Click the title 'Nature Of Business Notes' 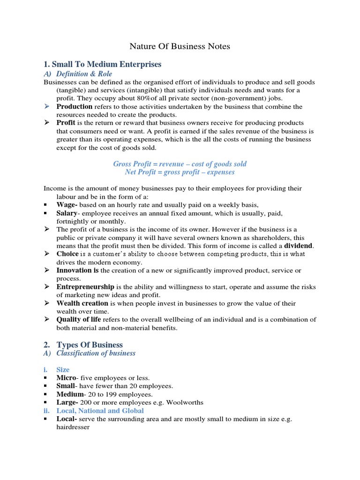click(x=180, y=46)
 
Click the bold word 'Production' click(x=75, y=106)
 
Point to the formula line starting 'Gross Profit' click(x=180, y=164)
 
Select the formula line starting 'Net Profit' click(x=180, y=172)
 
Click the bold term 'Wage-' click(x=67, y=205)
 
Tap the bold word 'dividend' click(x=299, y=246)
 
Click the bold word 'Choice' click(x=67, y=254)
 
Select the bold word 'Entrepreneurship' click(x=85, y=286)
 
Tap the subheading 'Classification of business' click(x=96, y=353)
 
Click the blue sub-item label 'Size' click(x=63, y=369)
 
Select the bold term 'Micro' click(x=66, y=377)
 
